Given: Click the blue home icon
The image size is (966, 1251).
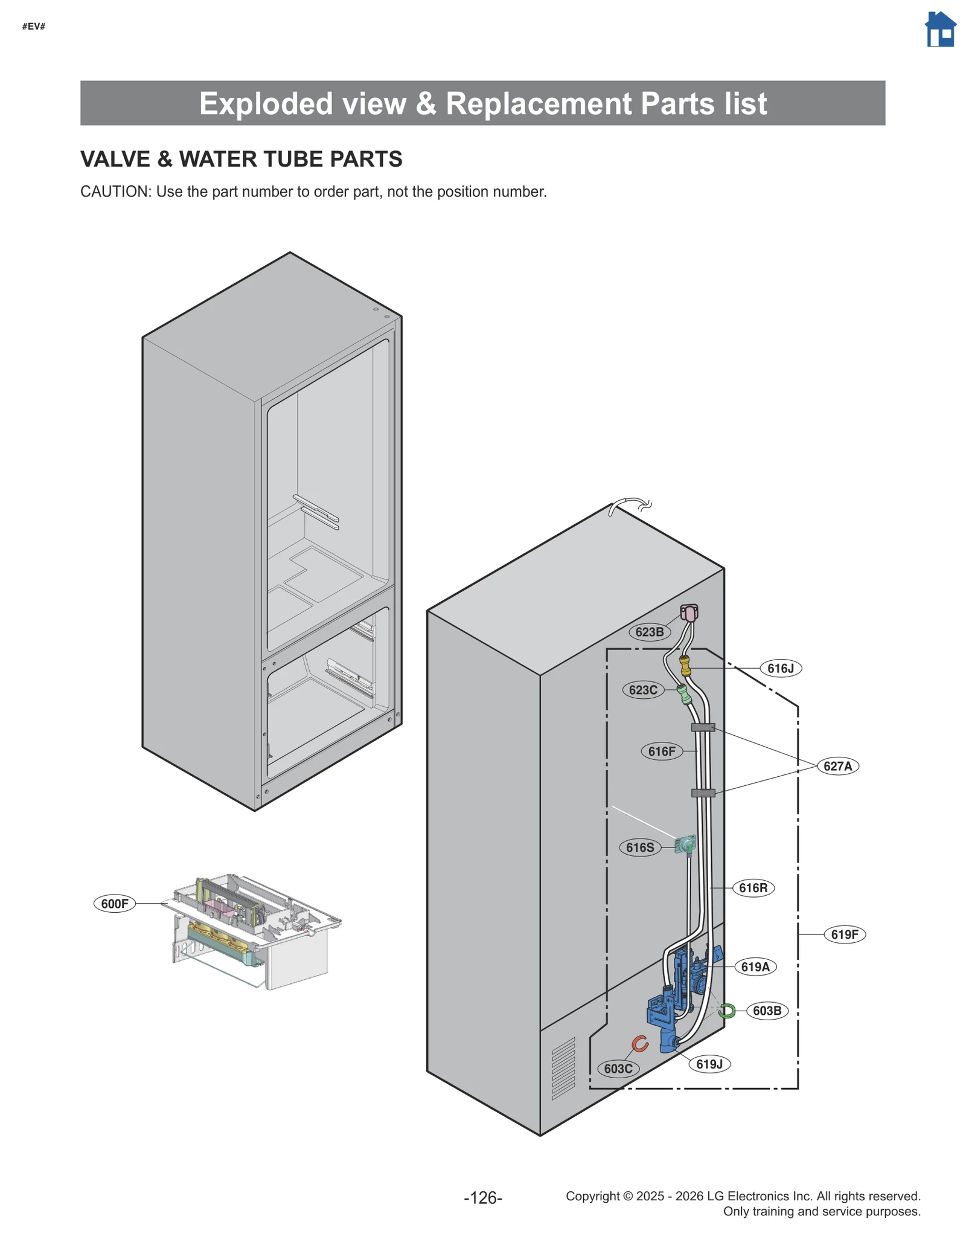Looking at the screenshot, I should pyautogui.click(x=940, y=30).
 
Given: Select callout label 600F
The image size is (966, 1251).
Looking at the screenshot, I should pyautogui.click(x=115, y=904).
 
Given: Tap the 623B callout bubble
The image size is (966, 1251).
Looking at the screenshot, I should pyautogui.click(x=650, y=632).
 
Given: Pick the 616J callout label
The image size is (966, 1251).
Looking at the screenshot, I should pyautogui.click(x=781, y=668).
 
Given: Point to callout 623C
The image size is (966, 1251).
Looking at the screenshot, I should pyautogui.click(x=643, y=690).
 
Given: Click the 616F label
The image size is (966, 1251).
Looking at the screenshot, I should pyautogui.click(x=662, y=751).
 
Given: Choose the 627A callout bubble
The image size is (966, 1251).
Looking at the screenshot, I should pyautogui.click(x=837, y=766).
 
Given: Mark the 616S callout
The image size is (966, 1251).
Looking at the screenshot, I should pyautogui.click(x=640, y=847).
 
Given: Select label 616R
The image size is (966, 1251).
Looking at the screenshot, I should pyautogui.click(x=753, y=888).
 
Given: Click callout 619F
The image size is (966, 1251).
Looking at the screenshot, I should pyautogui.click(x=845, y=934).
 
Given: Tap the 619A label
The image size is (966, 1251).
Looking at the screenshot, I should pyautogui.click(x=755, y=967).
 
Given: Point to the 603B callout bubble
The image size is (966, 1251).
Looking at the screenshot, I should pyautogui.click(x=767, y=1011).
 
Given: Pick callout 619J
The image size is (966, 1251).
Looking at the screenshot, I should pyautogui.click(x=709, y=1064).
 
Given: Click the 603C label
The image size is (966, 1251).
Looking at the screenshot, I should pyautogui.click(x=618, y=1069).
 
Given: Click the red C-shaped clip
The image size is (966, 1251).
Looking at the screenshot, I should pyautogui.click(x=640, y=1043).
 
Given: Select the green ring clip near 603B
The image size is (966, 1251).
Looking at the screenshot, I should pyautogui.click(x=727, y=1011).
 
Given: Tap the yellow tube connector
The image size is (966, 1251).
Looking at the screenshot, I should pyautogui.click(x=685, y=666).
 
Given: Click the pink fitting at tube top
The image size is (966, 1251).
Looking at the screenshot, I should pyautogui.click(x=689, y=613).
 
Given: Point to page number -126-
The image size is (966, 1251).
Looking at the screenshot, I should pyautogui.click(x=483, y=1197).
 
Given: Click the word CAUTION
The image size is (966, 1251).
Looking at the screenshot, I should pyautogui.click(x=115, y=191).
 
